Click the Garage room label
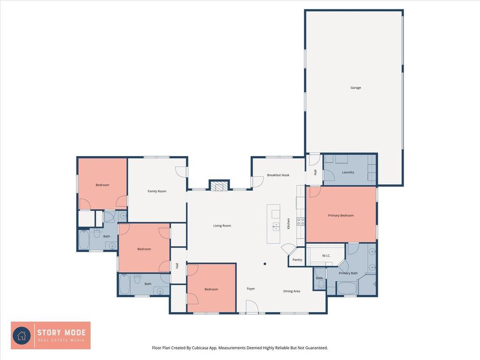tap(355, 88)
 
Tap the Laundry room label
tap(348, 172)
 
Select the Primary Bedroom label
tap(341, 216)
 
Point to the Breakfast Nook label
tap(278, 175)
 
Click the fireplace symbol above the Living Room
tap(219, 186)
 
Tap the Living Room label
tap(222, 225)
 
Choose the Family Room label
tap(157, 191)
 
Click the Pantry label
tap(297, 260)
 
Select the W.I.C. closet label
tap(326, 255)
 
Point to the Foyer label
tap(251, 289)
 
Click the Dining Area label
tap(292, 291)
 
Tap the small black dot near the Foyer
tap(265, 264)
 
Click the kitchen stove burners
tap(300, 222)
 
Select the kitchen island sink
tap(276, 227)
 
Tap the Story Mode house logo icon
tap(22, 336)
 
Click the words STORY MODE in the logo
tap(61, 332)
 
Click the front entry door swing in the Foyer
tap(252, 307)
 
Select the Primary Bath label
tap(348, 273)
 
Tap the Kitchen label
tap(288, 224)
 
